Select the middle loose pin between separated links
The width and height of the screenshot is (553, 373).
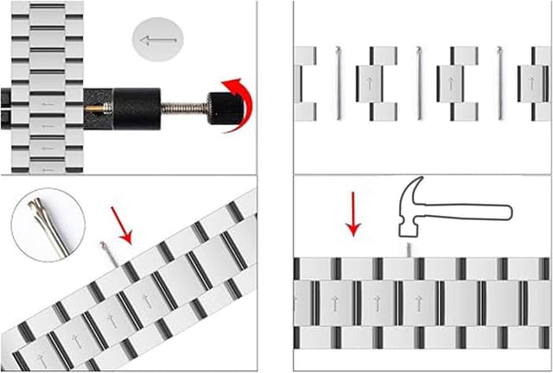pyautogui.click(x=419, y=83)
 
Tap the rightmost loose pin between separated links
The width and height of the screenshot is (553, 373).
pyautogui.click(x=499, y=83)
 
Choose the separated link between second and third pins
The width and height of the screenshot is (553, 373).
pyautogui.click(x=458, y=83)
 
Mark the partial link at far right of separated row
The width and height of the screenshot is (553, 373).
pyautogui.click(x=535, y=83)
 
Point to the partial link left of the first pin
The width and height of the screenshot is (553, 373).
pyautogui.click(x=305, y=83)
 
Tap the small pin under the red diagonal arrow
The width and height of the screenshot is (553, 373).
pyautogui.click(x=105, y=250)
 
